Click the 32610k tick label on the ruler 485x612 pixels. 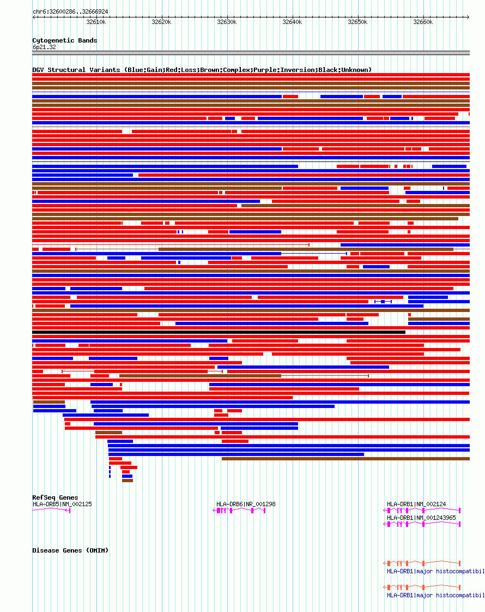96,22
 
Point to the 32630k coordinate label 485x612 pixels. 227,22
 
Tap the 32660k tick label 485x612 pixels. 423,22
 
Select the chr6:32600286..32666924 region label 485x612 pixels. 70,11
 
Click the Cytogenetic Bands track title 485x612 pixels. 65,40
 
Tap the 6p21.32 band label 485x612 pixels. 44,47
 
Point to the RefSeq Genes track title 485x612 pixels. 55,497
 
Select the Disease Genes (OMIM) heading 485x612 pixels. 70,550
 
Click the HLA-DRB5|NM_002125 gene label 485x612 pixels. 62,504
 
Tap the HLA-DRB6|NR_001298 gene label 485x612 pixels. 246,504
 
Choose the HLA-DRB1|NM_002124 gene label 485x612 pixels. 416,504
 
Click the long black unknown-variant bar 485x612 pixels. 219,332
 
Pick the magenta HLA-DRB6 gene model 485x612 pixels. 240,511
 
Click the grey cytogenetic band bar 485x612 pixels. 251,53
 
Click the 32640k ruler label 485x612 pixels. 292,22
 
